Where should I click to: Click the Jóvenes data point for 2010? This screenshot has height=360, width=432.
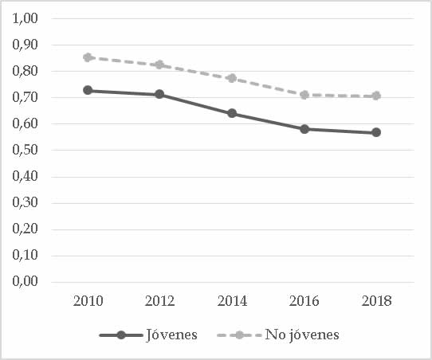[x=87, y=90]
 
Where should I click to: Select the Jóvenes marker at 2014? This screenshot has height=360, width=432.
[x=232, y=113]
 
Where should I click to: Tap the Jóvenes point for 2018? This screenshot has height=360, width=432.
[x=376, y=132]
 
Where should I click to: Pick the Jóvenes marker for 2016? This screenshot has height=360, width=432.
[x=304, y=128]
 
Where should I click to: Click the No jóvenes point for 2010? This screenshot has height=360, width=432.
[x=87, y=57]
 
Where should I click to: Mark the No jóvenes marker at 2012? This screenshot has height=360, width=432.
[x=159, y=65]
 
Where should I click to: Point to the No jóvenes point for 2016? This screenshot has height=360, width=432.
[x=304, y=95]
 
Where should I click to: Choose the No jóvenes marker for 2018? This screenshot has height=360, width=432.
[x=376, y=96]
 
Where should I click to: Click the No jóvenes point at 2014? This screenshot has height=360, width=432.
[x=232, y=78]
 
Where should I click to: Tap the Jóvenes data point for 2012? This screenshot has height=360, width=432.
[x=159, y=94]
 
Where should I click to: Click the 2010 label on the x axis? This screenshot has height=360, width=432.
[x=87, y=300]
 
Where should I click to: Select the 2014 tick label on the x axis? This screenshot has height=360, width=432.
[x=232, y=300]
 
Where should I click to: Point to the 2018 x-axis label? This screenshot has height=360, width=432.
[x=376, y=300]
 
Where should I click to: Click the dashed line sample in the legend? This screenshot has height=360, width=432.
[x=240, y=335]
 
